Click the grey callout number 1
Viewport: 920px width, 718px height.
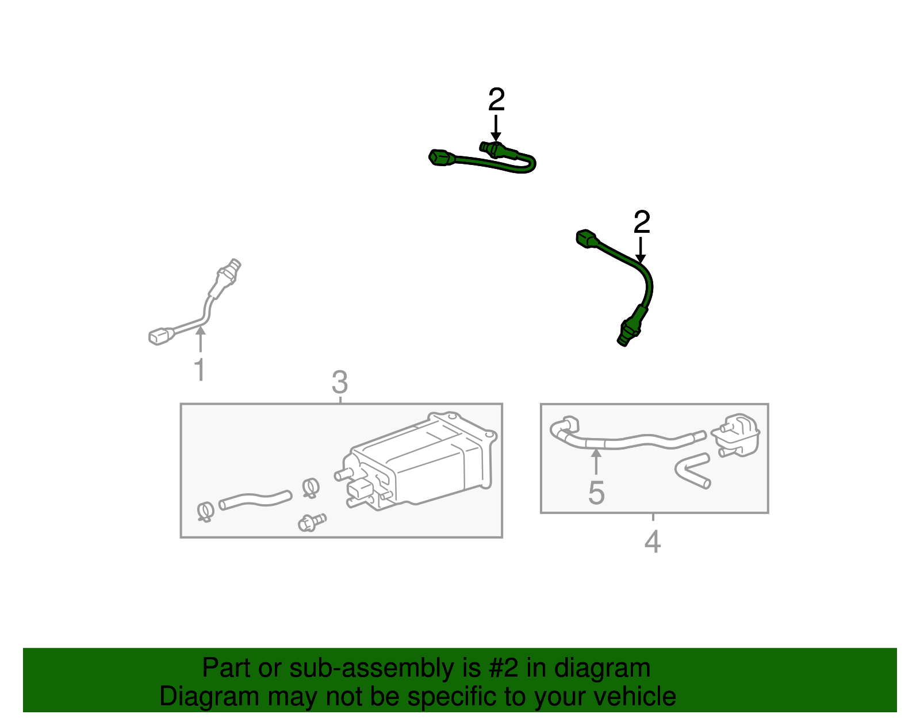(199, 370)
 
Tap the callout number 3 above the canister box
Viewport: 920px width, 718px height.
(340, 382)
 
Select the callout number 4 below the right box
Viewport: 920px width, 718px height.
(652, 542)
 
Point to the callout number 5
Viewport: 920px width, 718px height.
(596, 493)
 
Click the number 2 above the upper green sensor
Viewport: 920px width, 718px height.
(496, 100)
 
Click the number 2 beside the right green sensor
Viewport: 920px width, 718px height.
(642, 222)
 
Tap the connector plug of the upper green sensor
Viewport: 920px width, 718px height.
(440, 157)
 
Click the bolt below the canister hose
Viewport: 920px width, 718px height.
(310, 522)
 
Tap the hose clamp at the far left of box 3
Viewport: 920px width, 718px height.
(205, 510)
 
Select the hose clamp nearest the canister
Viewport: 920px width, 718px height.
(310, 487)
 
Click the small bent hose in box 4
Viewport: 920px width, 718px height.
(693, 470)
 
